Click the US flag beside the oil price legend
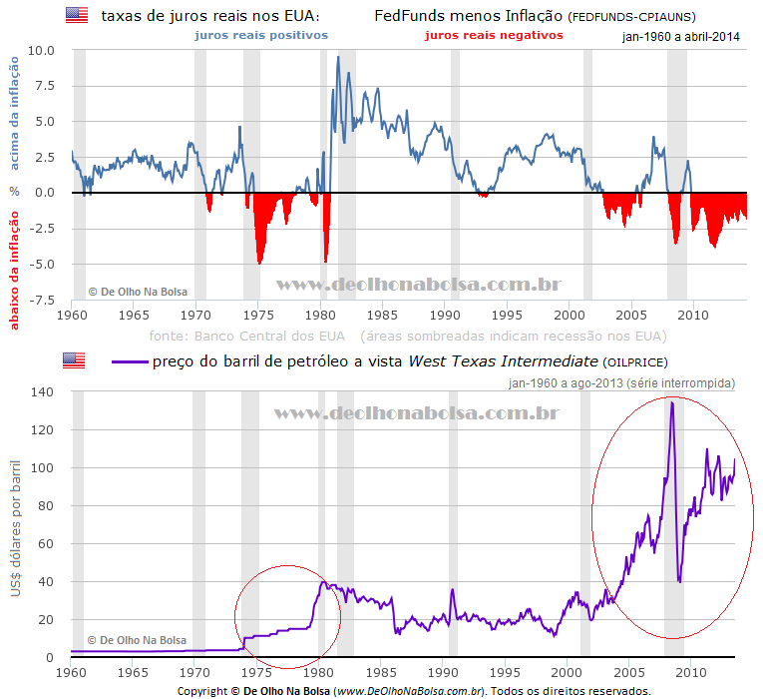coord(75,360)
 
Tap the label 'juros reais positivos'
coord(260,35)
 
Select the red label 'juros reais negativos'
coord(494,35)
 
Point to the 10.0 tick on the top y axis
coord(41,50)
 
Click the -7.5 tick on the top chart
coord(41,300)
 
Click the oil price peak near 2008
coord(672,401)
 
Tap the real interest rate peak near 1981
coord(338,57)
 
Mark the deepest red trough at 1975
coord(259,263)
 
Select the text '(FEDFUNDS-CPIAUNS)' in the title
coord(631,17)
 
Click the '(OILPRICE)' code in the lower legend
coord(635,361)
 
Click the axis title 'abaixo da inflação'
coord(15,256)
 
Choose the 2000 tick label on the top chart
coord(570,314)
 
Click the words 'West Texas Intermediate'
coord(503,360)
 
